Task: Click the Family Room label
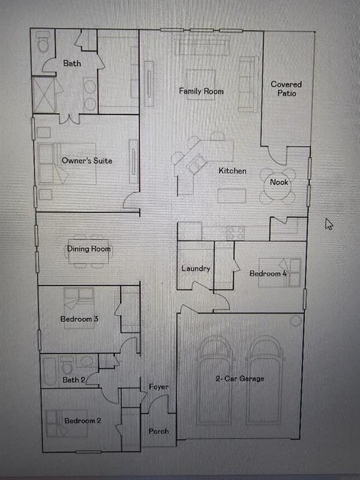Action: pos(201,91)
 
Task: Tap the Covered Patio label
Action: pos(286,89)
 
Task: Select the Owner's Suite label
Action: pos(87,161)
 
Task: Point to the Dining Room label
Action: pos(89,249)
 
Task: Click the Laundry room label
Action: pos(196,269)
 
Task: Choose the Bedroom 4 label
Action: pos(268,274)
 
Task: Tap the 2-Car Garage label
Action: pos(240,379)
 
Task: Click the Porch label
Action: pos(158,431)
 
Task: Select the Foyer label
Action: pos(159,387)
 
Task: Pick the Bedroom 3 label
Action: pos(79,319)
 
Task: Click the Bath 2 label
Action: pos(74,379)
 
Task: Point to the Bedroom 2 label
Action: pos(82,421)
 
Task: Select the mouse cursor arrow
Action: pos(329,224)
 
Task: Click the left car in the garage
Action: pos(214,381)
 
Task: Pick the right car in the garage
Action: pos(265,381)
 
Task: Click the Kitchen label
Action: pos(232,171)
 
